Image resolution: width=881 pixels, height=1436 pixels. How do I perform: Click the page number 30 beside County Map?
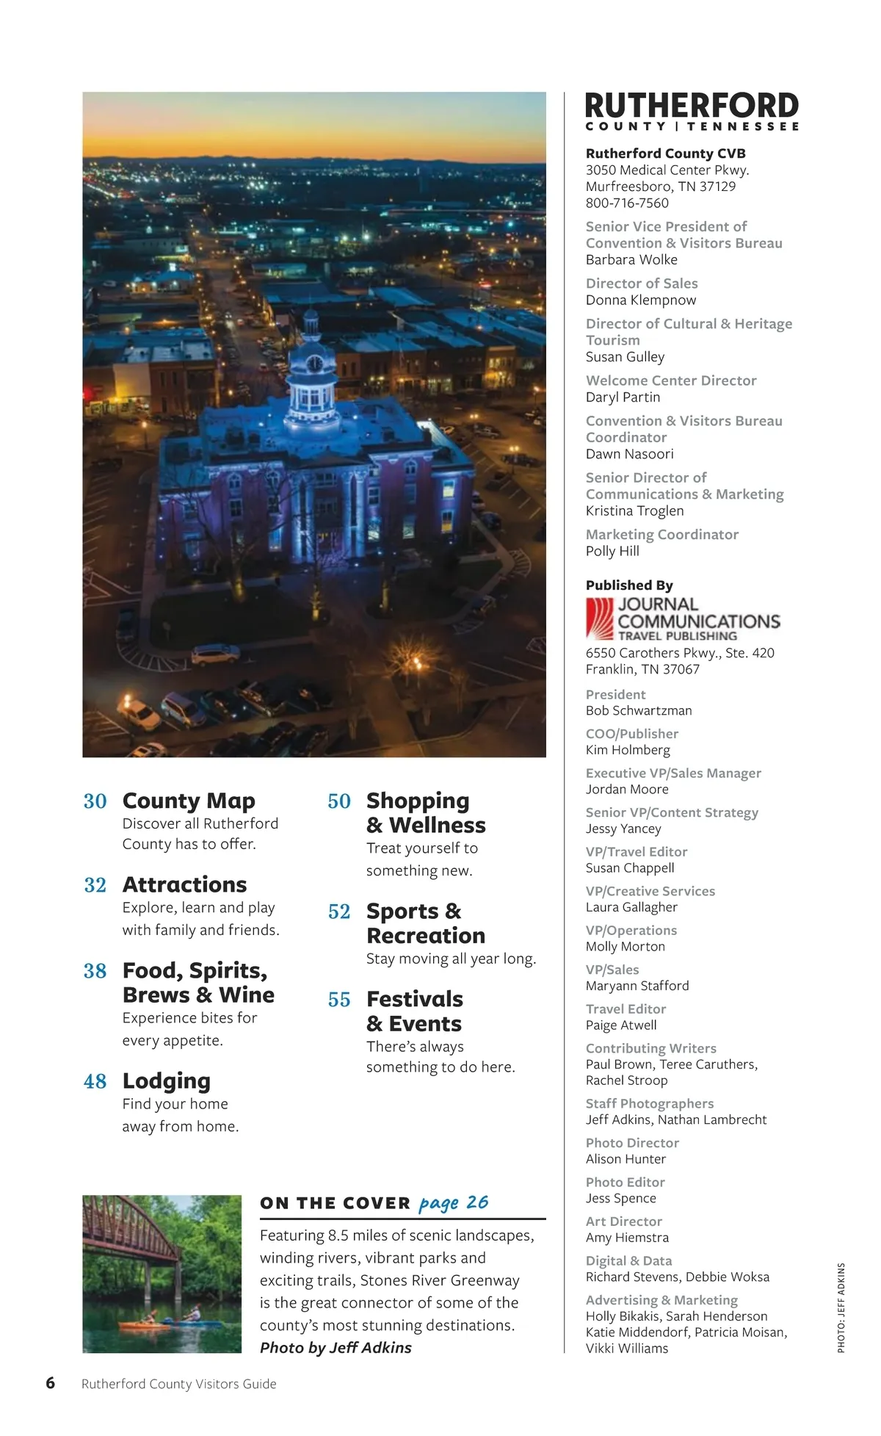(x=95, y=801)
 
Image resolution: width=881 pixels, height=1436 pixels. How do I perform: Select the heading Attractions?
(x=184, y=884)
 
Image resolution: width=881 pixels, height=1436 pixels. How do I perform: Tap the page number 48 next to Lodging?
(x=95, y=1081)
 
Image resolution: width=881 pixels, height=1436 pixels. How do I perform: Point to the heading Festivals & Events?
(x=414, y=1011)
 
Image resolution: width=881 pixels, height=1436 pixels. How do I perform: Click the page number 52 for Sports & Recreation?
(x=339, y=912)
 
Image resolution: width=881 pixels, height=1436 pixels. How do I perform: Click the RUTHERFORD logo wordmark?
(x=692, y=106)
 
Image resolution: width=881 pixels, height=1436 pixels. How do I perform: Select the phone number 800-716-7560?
(x=627, y=203)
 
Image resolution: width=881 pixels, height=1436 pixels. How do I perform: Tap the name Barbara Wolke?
(x=631, y=259)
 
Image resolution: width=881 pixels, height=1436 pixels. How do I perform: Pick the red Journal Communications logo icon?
(x=600, y=618)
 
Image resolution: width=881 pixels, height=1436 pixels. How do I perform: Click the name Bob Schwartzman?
(x=639, y=710)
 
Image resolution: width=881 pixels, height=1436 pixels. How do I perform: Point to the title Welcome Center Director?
(x=671, y=380)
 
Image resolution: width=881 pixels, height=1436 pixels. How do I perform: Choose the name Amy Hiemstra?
(x=627, y=1238)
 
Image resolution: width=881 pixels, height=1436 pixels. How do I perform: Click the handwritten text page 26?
(x=453, y=1203)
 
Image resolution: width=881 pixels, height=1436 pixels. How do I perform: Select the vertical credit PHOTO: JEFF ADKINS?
(x=841, y=1307)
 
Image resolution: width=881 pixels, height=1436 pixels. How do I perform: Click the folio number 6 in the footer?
(x=50, y=1383)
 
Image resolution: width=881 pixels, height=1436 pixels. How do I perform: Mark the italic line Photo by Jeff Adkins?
(x=336, y=1348)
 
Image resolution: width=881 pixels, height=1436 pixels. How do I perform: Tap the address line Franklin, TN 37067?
(x=642, y=669)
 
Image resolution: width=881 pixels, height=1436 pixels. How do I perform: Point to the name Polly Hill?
(x=612, y=551)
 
